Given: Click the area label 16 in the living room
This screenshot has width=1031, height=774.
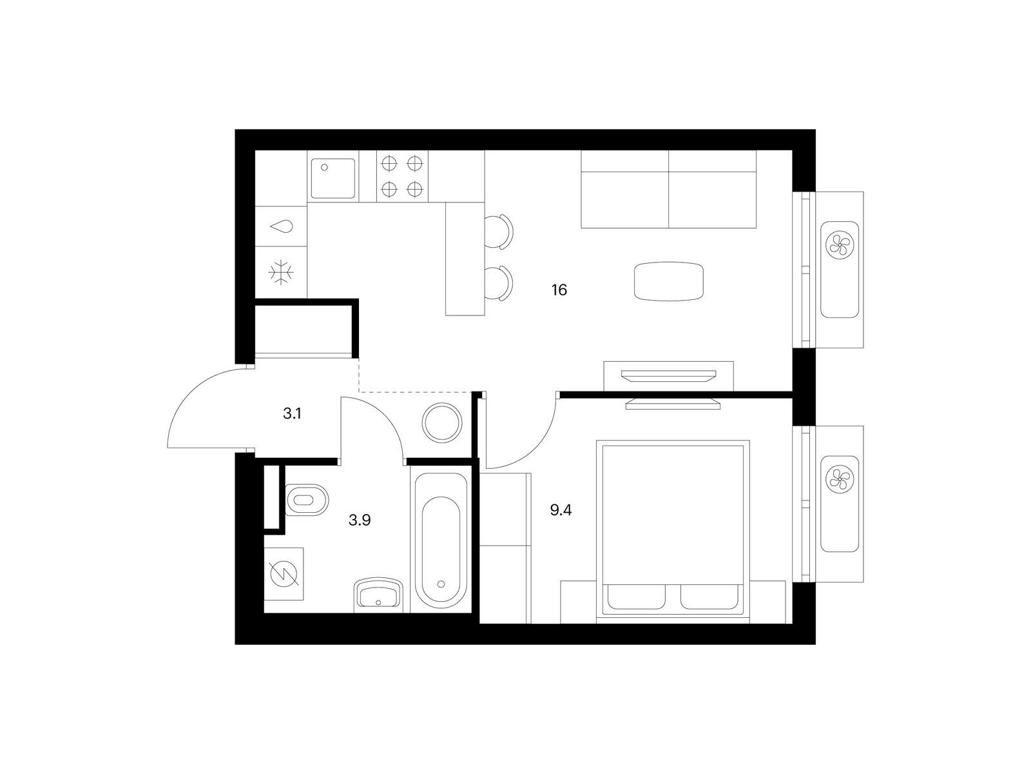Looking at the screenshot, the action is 559,290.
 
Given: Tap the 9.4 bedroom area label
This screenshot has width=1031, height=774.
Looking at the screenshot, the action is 561,510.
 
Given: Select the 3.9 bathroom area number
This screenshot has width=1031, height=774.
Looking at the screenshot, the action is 360,520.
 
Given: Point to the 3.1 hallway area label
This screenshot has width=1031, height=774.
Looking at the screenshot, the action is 292,413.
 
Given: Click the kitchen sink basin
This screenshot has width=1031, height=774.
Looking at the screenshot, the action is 333,178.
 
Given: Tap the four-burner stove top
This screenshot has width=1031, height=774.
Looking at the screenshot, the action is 402,176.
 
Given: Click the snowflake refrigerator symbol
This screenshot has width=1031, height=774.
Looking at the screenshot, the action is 281,272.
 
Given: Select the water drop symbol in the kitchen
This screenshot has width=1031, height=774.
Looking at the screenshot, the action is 282,227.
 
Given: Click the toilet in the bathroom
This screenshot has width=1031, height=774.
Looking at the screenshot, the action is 306,499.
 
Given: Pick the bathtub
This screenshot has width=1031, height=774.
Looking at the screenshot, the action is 441,541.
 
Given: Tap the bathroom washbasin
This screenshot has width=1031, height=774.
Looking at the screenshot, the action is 378,595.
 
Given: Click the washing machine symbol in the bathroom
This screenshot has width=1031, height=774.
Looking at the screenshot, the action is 284,574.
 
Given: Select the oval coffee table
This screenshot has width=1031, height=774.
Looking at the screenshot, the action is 669,281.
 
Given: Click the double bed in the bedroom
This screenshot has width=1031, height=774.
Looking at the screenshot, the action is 673,531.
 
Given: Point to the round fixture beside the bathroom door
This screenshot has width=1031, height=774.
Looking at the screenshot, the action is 442,423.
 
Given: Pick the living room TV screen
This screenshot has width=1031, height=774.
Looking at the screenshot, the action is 669,375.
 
